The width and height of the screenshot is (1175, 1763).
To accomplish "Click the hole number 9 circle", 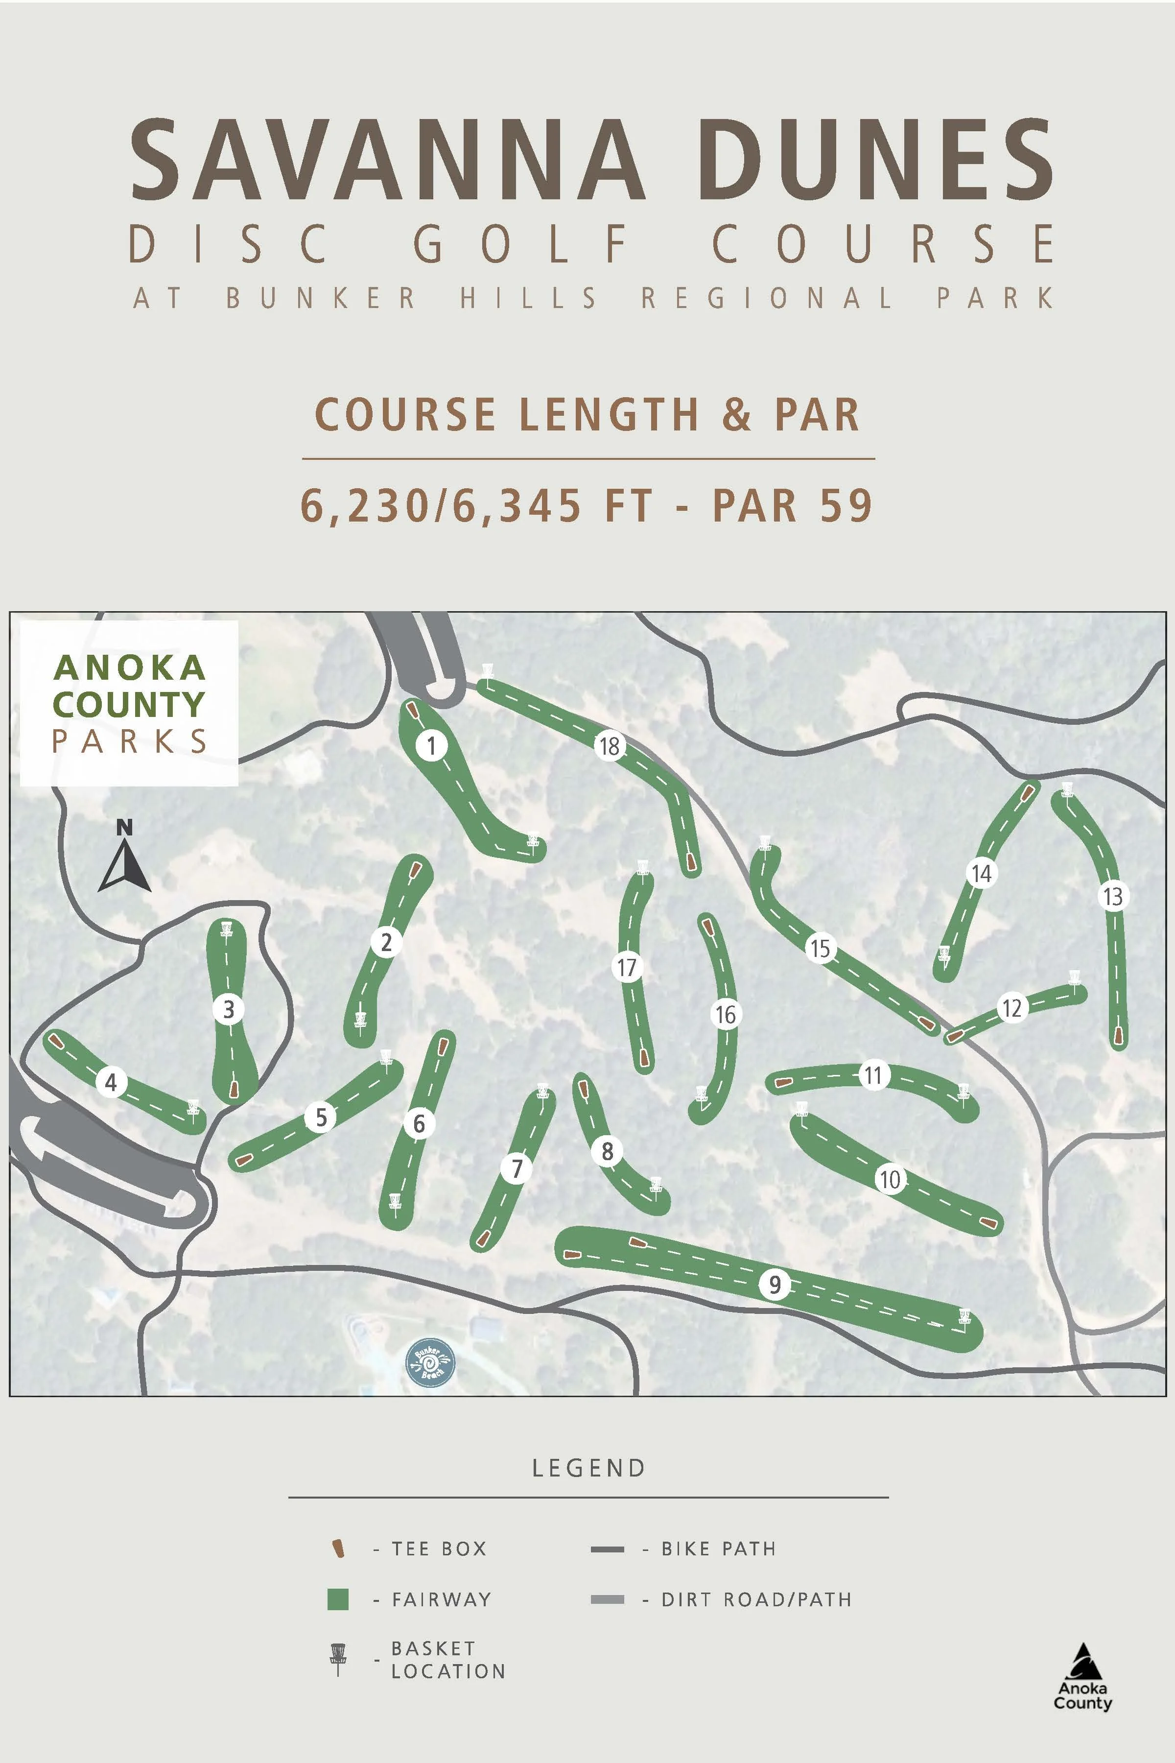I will click(x=775, y=1285).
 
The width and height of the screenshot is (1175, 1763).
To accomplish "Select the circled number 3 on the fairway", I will click(x=229, y=1009).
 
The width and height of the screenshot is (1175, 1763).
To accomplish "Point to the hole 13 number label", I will click(x=1113, y=895).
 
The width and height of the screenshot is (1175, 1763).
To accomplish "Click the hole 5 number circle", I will click(x=321, y=1118).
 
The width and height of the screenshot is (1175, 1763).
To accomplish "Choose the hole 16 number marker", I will click(x=725, y=1014).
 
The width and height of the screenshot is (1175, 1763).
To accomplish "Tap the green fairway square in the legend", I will click(x=338, y=1599).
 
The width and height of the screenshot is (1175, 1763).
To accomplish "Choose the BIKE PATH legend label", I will click(x=718, y=1549).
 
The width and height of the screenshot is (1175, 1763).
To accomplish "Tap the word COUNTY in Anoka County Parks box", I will click(x=129, y=705).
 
